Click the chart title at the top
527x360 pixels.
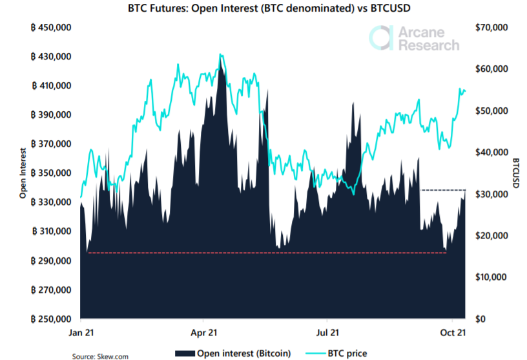(x=263, y=9)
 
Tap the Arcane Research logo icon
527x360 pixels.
(x=382, y=37)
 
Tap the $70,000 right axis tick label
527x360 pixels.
(x=492, y=28)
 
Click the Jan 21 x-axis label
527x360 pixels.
(x=81, y=332)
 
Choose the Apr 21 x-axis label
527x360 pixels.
(x=203, y=332)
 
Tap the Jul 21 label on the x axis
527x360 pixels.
(x=327, y=332)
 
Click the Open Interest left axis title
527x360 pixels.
(x=23, y=173)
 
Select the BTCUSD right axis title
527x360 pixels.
(x=516, y=173)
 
